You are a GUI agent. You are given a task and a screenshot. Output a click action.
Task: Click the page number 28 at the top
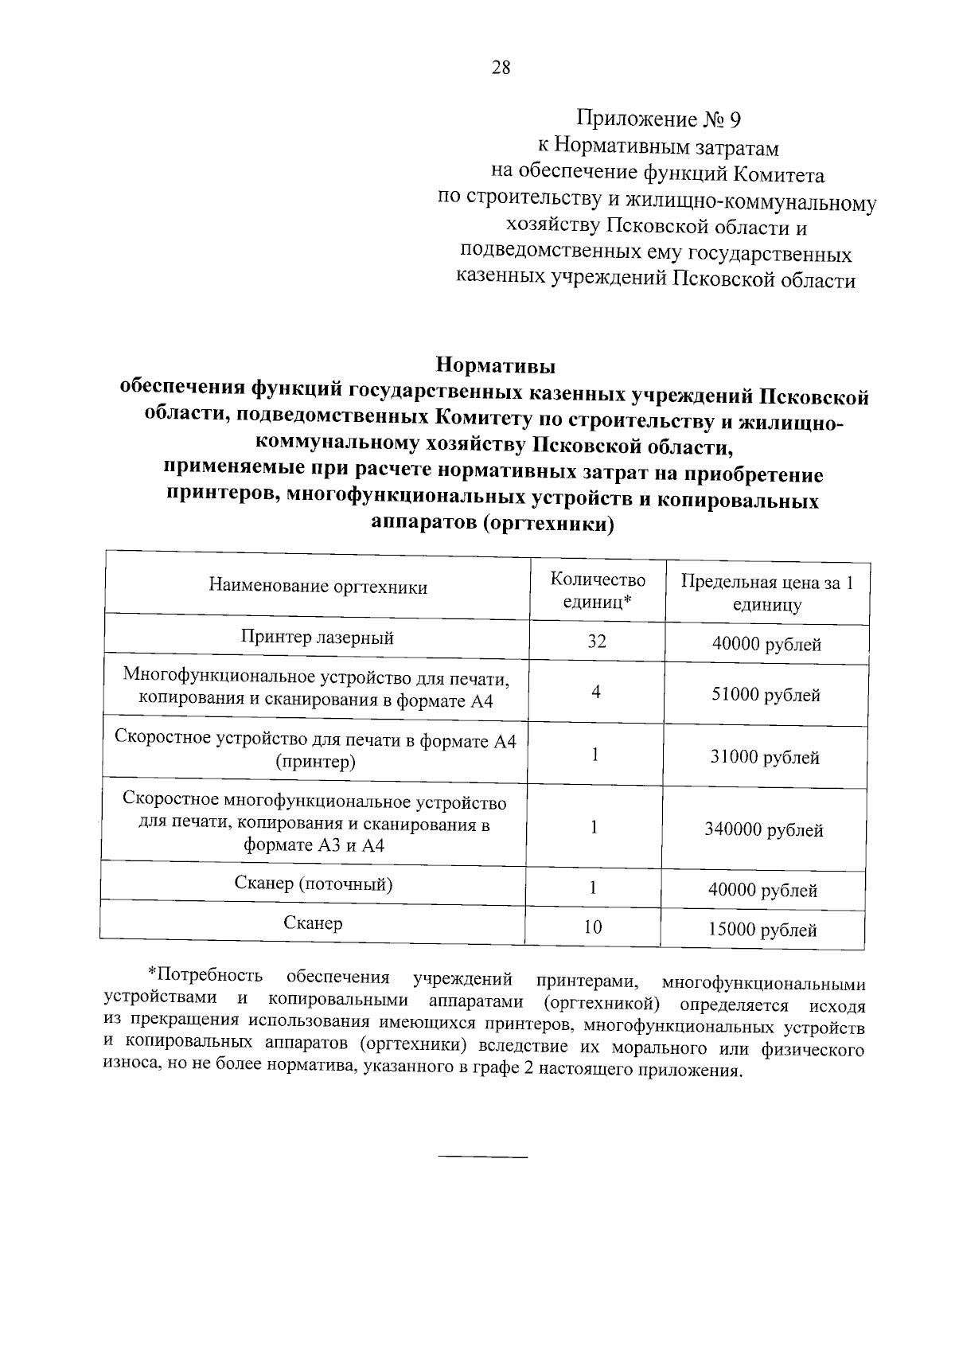point(501,68)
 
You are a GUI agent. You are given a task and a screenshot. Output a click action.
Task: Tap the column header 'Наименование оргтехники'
point(318,587)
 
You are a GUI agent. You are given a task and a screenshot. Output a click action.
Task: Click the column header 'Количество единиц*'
point(598,591)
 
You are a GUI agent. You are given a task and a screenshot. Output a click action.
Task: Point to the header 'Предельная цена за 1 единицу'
point(766,594)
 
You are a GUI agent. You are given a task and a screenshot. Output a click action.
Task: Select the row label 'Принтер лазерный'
point(318,638)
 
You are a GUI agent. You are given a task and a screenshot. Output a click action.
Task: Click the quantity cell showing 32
point(597,642)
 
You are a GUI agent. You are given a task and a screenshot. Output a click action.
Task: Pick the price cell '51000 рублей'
point(766,696)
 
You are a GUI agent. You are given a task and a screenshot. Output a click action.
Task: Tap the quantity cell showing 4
point(596,693)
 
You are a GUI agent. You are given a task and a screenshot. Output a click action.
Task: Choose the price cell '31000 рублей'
point(765,758)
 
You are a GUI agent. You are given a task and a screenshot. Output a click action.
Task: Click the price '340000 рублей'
point(764,830)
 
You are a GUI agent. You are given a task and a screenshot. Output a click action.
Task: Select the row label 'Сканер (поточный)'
point(314,884)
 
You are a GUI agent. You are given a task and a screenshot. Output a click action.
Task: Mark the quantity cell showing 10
point(593,927)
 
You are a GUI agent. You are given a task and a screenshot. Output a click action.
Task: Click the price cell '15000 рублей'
point(763,930)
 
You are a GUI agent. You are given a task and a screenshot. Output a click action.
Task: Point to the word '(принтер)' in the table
point(315,763)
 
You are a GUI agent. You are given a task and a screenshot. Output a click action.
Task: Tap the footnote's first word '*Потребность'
point(205,975)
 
